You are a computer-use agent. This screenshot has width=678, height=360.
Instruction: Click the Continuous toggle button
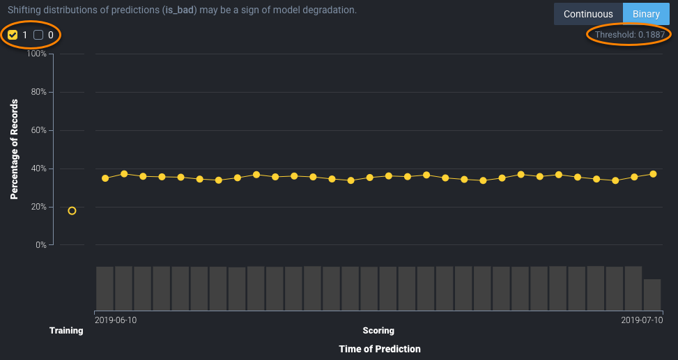click(588, 14)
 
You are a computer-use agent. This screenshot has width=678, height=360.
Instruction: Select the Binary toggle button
click(646, 14)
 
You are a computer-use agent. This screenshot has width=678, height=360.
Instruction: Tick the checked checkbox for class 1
click(13, 35)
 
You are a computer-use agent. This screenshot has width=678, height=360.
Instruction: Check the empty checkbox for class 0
click(38, 35)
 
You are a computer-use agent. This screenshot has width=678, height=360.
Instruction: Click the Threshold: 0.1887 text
click(629, 35)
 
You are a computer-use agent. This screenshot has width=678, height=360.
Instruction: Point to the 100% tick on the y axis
click(36, 54)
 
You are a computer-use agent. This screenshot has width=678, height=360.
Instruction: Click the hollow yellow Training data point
click(72, 211)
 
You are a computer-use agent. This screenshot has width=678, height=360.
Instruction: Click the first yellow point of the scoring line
click(105, 178)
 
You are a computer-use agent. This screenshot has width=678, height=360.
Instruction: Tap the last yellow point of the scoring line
click(653, 174)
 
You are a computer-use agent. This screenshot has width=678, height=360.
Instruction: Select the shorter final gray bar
click(652, 295)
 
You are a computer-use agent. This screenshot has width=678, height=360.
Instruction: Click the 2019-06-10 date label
click(116, 320)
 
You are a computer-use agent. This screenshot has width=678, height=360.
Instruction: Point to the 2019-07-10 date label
click(642, 320)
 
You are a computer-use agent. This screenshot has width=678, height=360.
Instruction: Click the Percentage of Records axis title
click(14, 150)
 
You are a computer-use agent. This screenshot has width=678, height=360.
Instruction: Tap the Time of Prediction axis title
click(380, 348)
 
